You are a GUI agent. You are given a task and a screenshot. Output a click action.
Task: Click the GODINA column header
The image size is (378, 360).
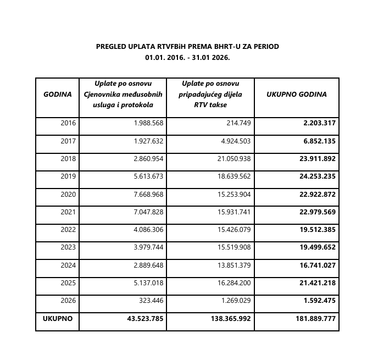[x=58, y=94]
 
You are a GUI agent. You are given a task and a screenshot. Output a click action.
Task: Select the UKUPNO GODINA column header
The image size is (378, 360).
[x=296, y=94]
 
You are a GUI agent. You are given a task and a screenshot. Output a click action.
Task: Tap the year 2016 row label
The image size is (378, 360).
[x=69, y=123]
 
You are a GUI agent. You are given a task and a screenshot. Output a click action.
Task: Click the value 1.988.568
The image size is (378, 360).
[x=148, y=123]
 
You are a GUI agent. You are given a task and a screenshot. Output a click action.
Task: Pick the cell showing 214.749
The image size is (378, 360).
[x=238, y=123]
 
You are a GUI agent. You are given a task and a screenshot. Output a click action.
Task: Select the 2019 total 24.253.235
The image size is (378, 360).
[x=317, y=176]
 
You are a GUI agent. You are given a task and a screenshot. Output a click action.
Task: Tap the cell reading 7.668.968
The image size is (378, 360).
[x=148, y=194]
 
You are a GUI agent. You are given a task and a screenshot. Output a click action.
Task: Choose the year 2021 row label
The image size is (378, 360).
[x=69, y=212]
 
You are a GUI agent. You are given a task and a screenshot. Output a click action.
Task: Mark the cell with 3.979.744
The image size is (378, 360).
[x=148, y=247]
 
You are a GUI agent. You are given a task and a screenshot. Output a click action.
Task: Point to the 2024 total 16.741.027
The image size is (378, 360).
[x=317, y=265]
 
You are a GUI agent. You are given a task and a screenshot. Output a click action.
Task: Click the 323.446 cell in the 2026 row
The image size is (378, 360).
[x=152, y=301]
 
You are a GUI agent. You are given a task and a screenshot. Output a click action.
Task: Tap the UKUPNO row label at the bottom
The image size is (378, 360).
[x=58, y=318]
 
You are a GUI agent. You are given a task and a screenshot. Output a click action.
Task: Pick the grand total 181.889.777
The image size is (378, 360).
[x=315, y=319]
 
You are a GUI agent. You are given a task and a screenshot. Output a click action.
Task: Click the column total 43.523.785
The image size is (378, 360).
[x=145, y=319]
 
